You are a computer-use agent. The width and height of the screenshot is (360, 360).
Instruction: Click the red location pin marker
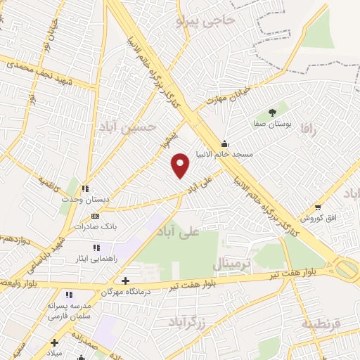click(181, 165)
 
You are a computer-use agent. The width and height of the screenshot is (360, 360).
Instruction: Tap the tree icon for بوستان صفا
click(273, 112)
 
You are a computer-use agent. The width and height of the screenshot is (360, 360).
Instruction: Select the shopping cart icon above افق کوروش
click(318, 207)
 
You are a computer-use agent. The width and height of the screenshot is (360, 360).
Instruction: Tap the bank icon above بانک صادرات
click(96, 216)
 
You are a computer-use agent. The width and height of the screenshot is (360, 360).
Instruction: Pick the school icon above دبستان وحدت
click(85, 188)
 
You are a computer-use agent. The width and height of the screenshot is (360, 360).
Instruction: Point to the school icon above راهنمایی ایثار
click(96, 247)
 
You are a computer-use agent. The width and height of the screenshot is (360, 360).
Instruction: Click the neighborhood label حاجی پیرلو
click(208, 21)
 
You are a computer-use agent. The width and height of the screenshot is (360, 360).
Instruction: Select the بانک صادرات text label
click(96, 227)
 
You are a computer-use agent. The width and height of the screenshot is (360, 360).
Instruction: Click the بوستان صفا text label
click(272, 123)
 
